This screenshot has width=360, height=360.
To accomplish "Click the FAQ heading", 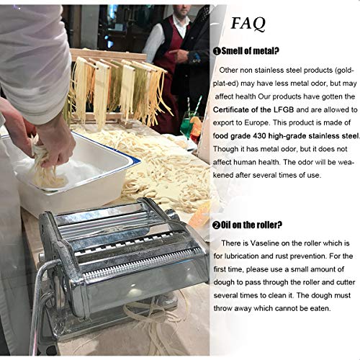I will tap(248, 22).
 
